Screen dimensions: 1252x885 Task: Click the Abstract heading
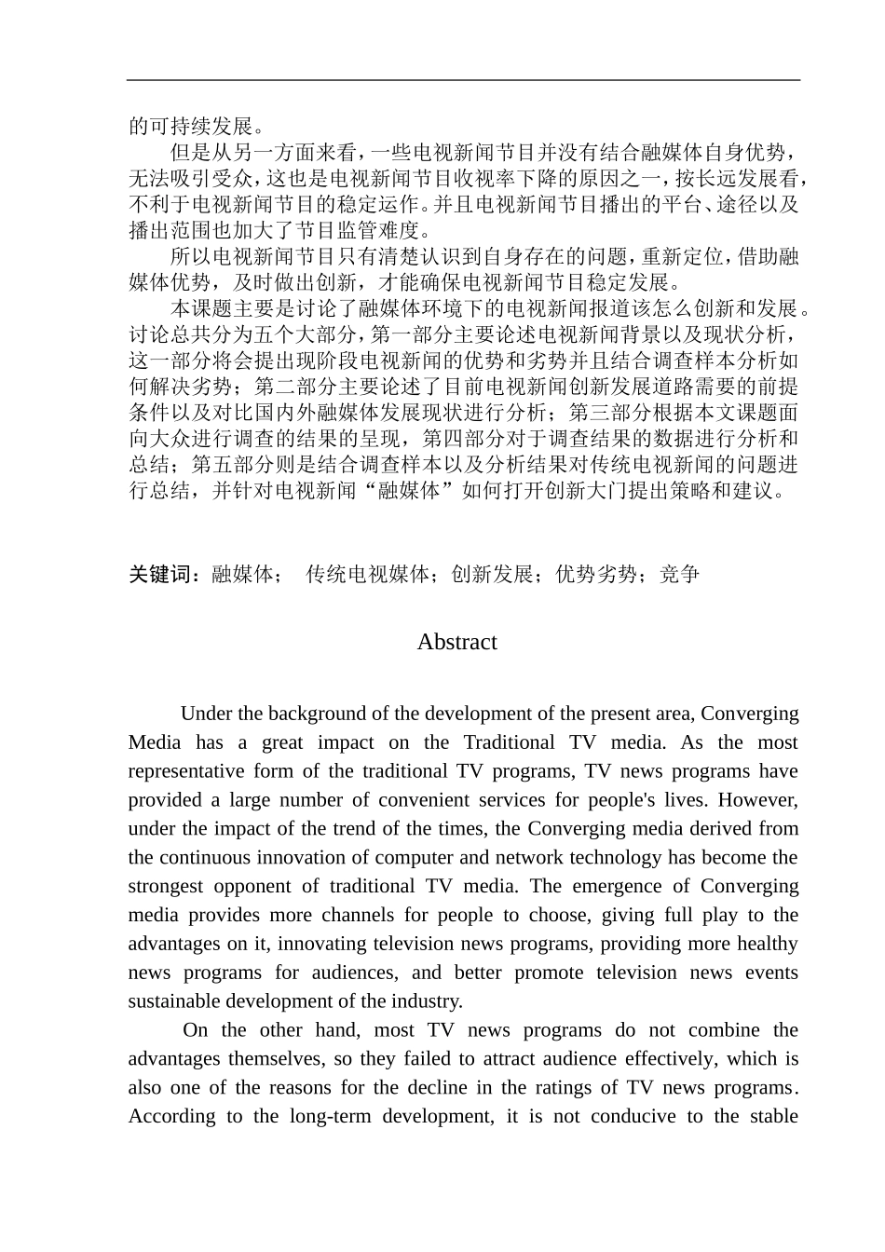click(456, 642)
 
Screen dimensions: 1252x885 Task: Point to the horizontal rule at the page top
click(463, 80)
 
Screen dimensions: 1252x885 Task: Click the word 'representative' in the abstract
click(182, 771)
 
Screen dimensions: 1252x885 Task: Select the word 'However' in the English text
click(757, 800)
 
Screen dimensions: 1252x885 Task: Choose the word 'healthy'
click(767, 945)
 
